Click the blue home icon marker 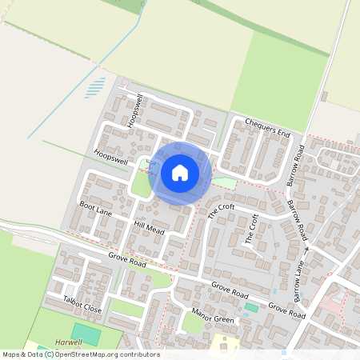click(180, 172)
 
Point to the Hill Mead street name click(149, 229)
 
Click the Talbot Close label click(82, 303)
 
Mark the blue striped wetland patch click(95, 87)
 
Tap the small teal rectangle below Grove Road click(251, 307)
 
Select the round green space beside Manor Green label click(192, 322)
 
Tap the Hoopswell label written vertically click(133, 110)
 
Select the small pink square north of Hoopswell click(124, 83)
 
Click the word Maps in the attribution click(11, 354)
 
